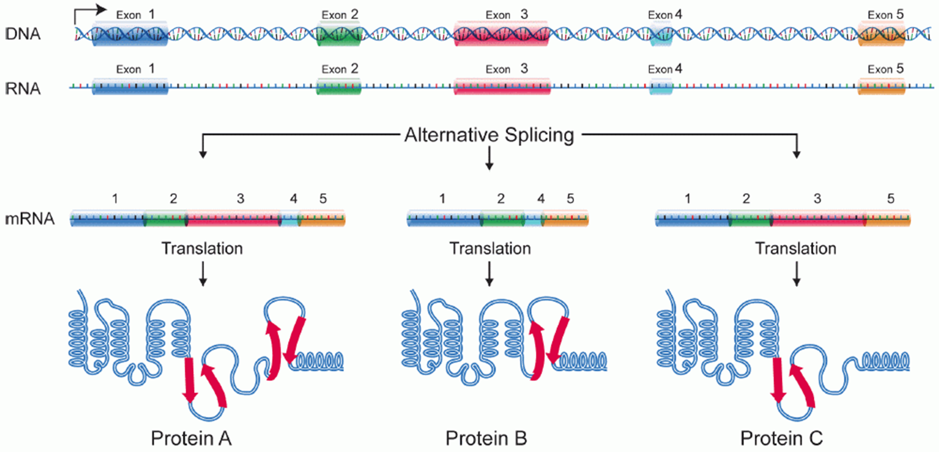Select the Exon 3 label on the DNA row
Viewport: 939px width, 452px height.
click(x=506, y=15)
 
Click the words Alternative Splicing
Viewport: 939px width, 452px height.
click(x=489, y=135)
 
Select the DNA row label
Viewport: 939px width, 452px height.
click(x=23, y=34)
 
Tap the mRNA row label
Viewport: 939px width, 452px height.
click(x=30, y=219)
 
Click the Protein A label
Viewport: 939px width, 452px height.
click(x=191, y=438)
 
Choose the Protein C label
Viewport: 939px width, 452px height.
click(x=781, y=438)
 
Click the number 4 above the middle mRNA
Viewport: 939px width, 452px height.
click(x=541, y=198)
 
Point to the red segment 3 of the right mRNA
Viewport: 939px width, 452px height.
click(x=818, y=220)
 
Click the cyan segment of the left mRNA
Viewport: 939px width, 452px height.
click(x=290, y=220)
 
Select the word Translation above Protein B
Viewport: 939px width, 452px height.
click(x=490, y=248)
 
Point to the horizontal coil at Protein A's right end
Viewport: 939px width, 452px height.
click(x=319, y=361)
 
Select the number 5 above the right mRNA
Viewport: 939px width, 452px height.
click(x=891, y=198)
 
